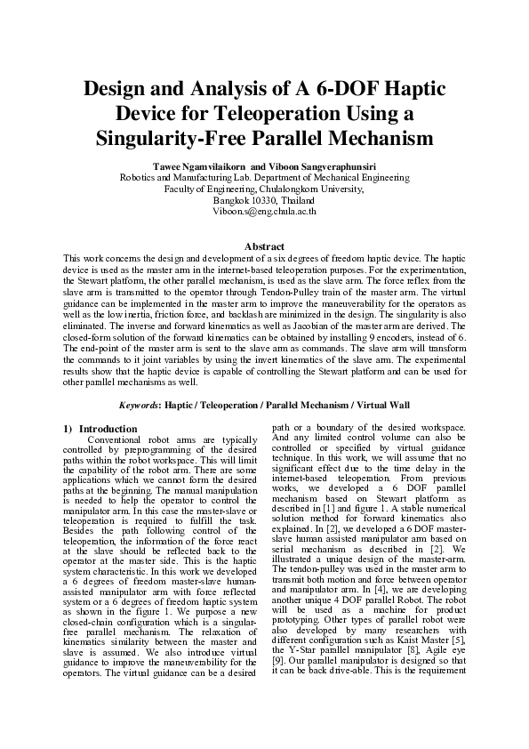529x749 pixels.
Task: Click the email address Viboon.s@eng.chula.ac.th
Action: (264, 212)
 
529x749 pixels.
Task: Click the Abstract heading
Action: (264, 246)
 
